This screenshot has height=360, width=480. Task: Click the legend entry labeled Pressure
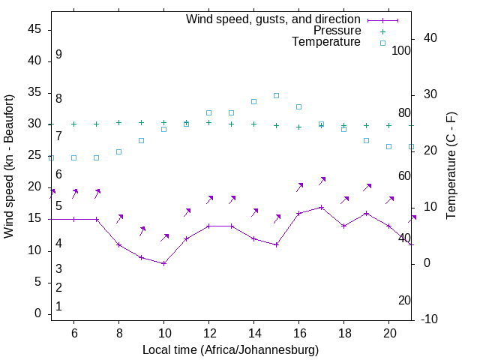337,31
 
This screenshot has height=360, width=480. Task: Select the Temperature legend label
326,43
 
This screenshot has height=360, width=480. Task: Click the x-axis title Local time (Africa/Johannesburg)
230,350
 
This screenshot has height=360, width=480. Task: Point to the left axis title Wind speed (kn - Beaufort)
9,166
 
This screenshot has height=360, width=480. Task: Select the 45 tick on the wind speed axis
34,29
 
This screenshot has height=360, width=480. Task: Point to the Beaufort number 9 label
58,55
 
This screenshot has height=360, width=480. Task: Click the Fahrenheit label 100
401,50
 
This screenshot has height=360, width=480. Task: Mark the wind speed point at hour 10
163,263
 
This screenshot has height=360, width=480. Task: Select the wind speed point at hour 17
321,207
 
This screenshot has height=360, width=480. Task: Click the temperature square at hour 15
276,95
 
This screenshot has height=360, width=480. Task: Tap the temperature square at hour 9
141,140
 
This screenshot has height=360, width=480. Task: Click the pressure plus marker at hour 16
298,127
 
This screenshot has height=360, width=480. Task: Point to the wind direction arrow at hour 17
321,181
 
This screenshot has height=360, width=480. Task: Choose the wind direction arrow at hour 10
164,238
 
